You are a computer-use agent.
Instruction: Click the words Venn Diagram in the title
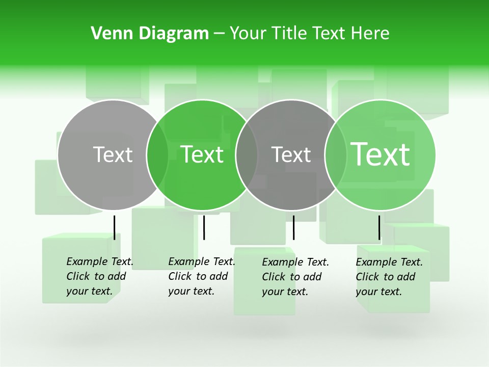150,34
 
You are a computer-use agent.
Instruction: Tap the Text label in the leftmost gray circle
113,154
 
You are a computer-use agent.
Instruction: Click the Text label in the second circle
202,154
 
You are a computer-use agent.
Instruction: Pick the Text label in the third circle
291,154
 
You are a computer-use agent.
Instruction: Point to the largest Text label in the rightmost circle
381,154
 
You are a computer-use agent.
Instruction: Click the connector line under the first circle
114,227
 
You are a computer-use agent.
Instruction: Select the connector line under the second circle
204,227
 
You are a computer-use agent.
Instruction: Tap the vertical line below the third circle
293,227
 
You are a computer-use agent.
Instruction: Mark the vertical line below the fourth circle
379,227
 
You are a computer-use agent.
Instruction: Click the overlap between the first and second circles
158,155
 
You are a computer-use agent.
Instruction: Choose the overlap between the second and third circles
247,155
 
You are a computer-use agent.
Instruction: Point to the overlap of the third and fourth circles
336,155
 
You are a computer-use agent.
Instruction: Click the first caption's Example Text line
100,261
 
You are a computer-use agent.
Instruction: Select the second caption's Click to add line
198,276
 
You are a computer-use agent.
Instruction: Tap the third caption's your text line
285,292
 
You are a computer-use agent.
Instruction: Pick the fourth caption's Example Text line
389,262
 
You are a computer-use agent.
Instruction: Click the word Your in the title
247,34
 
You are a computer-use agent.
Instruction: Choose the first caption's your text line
89,291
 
